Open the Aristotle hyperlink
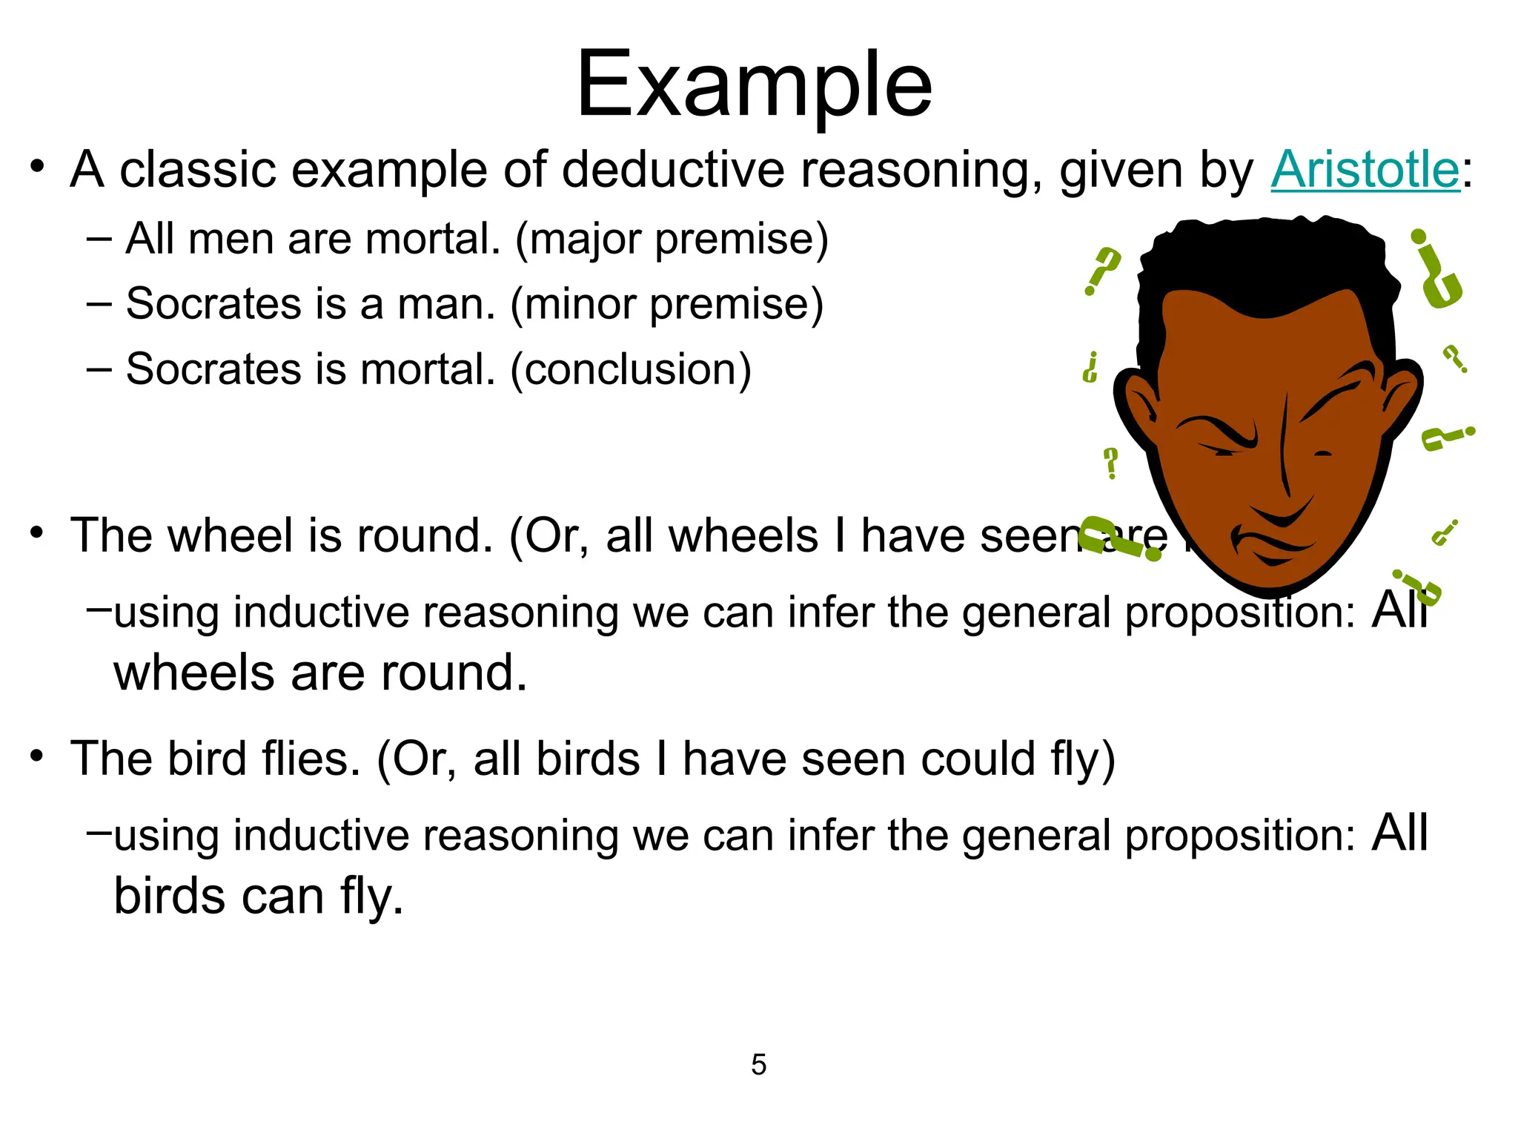pyautogui.click(x=1365, y=170)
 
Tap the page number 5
pyautogui.click(x=758, y=1065)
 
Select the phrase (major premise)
pyautogui.click(x=672, y=240)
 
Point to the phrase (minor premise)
pyautogui.click(x=667, y=304)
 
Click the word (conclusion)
pyautogui.click(x=631, y=369)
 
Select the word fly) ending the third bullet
pyautogui.click(x=1083, y=760)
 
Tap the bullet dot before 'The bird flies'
pyautogui.click(x=37, y=757)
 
